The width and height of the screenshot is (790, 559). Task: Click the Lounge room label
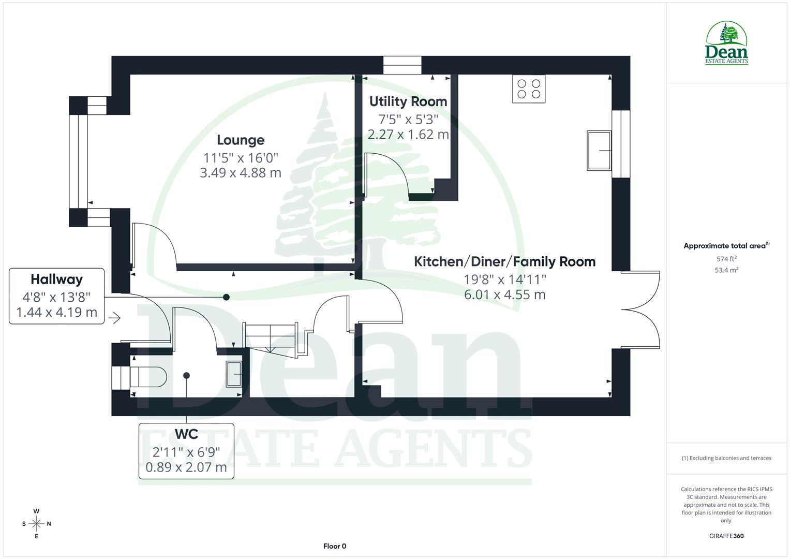click(x=241, y=140)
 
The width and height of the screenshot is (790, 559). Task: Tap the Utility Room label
click(x=408, y=101)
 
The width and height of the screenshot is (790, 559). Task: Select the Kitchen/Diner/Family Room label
click(x=504, y=261)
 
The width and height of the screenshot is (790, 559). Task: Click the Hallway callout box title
click(x=56, y=279)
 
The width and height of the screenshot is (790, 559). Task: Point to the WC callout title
click(x=186, y=434)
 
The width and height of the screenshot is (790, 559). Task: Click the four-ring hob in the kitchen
click(x=529, y=89)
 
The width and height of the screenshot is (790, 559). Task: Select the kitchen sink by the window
click(x=599, y=151)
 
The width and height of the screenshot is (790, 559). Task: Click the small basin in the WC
click(x=234, y=373)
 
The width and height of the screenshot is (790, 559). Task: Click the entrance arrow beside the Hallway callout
click(x=114, y=318)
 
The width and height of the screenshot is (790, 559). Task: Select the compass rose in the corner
click(x=36, y=524)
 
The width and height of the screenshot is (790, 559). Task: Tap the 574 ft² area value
click(x=726, y=259)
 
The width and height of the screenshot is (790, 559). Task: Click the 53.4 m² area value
click(x=726, y=270)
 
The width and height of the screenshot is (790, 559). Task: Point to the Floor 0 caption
click(x=335, y=546)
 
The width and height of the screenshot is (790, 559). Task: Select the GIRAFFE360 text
click(x=726, y=536)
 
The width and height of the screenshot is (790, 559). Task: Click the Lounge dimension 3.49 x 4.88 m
click(x=241, y=173)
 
